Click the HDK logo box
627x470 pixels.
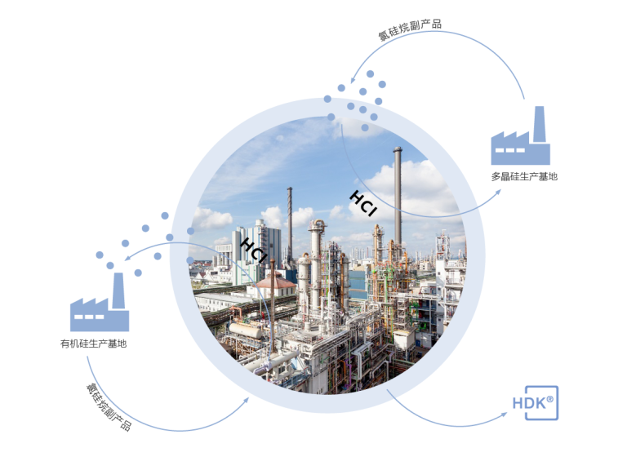tap(535, 403)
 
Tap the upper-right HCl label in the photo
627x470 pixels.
tap(362, 203)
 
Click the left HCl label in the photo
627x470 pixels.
tap(253, 251)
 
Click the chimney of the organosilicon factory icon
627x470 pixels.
tap(118, 289)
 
